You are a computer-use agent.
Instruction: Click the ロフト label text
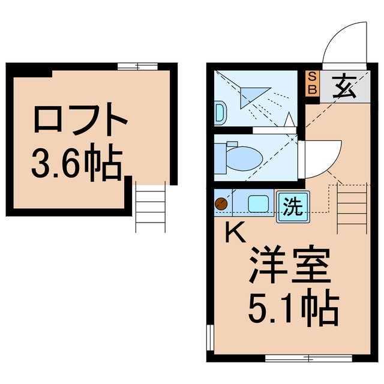point(80,121)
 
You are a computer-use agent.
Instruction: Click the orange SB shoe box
point(312,84)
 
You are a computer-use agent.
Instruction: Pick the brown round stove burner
point(221,204)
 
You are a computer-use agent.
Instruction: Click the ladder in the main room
point(352,209)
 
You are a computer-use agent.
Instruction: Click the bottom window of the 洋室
point(307,359)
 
